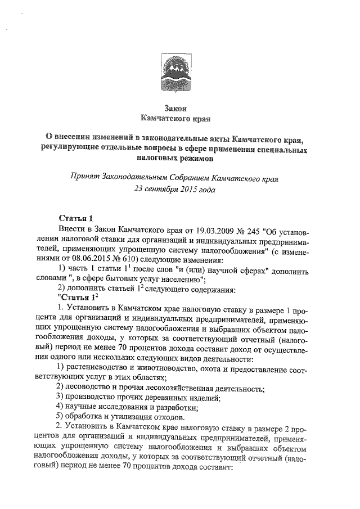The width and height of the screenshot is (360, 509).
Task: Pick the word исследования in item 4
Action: coord(126,407)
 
